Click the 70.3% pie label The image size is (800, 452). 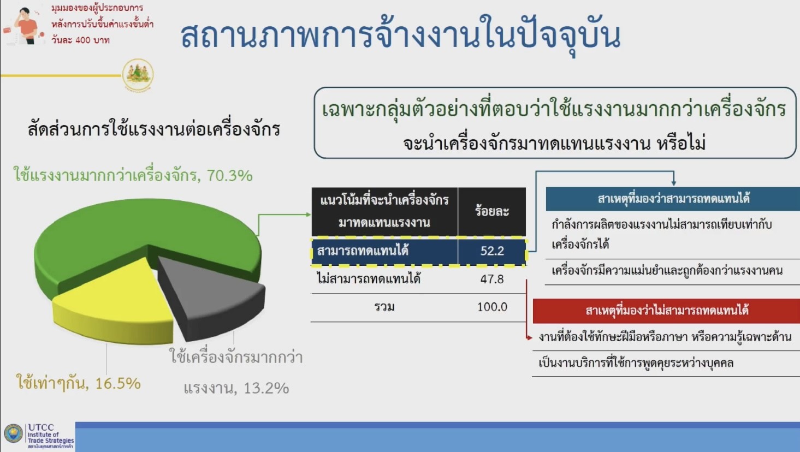click(x=133, y=175)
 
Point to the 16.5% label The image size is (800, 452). click(x=78, y=383)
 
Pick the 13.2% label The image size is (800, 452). click(x=236, y=372)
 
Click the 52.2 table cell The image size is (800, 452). click(x=492, y=251)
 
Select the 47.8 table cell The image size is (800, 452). click(x=492, y=279)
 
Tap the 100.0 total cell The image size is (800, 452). click(x=492, y=307)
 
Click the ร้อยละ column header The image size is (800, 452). click(x=492, y=211)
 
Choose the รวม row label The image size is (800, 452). click(x=384, y=307)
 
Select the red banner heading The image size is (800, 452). click(x=666, y=311)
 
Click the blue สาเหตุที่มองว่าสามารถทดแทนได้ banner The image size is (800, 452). click(x=673, y=199)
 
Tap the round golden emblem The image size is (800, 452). click(x=138, y=75)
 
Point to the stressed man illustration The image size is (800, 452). click(x=24, y=26)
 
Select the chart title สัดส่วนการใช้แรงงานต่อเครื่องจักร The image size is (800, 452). click(x=153, y=128)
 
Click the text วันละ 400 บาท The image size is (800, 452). click(x=80, y=40)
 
